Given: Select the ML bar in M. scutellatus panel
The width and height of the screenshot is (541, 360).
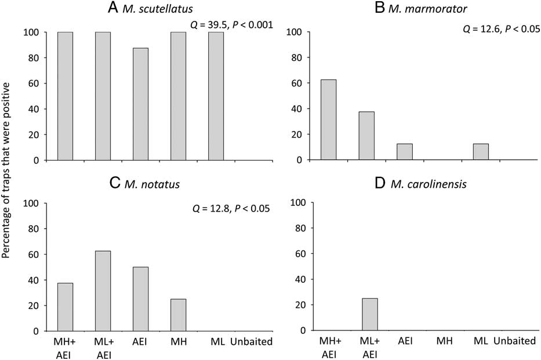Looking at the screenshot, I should [x=216, y=96].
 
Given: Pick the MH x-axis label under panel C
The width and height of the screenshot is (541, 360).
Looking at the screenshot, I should [x=177, y=342].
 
